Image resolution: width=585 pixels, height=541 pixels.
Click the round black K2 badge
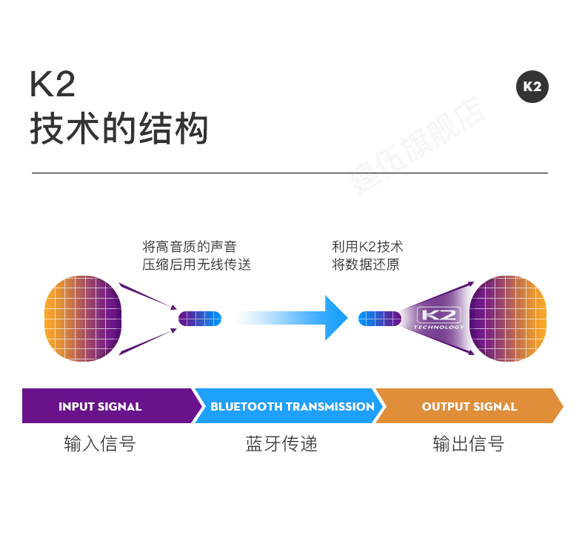pyautogui.click(x=532, y=87)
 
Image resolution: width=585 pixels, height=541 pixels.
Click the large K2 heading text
pyautogui.click(x=53, y=84)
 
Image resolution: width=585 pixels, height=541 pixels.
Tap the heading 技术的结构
pyautogui.click(x=118, y=128)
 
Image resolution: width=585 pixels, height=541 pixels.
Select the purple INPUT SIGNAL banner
pyautogui.click(x=111, y=406)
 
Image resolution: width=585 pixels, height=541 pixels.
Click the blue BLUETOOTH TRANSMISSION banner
pyautogui.click(x=290, y=406)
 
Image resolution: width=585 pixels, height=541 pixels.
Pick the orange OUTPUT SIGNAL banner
pyautogui.click(x=469, y=406)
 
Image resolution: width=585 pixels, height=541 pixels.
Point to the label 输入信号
pyautogui.click(x=100, y=444)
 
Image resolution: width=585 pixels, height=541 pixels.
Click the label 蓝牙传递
pyautogui.click(x=281, y=444)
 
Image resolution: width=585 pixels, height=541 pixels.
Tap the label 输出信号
pyautogui.click(x=469, y=444)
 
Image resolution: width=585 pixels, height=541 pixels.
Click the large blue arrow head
pyautogui.click(x=335, y=318)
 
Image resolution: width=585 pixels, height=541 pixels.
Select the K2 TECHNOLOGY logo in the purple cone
pyautogui.click(x=438, y=318)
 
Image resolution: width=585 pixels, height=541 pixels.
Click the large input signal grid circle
pyautogui.click(x=83, y=318)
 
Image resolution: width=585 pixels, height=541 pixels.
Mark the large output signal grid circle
pyautogui.click(x=508, y=318)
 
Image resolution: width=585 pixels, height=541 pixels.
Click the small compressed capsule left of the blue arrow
pyautogui.click(x=200, y=319)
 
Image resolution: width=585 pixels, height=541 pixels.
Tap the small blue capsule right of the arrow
pyautogui.click(x=380, y=319)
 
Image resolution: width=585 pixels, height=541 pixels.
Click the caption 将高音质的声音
pyautogui.click(x=189, y=247)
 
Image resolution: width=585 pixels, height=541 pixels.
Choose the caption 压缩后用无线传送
pyautogui.click(x=196, y=265)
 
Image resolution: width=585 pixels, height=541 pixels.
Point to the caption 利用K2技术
pyautogui.click(x=367, y=247)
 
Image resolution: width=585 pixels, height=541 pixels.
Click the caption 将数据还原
pyautogui.click(x=366, y=265)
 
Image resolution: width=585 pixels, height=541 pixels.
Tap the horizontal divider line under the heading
pyautogui.click(x=290, y=173)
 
